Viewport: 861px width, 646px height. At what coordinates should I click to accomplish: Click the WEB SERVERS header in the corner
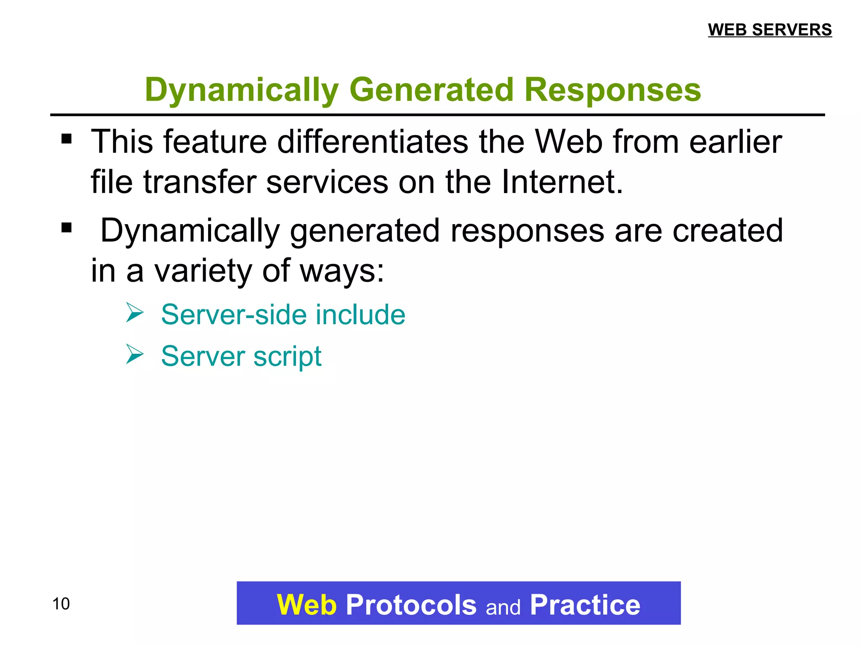point(770,30)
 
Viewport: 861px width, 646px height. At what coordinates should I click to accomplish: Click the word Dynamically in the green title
point(241,90)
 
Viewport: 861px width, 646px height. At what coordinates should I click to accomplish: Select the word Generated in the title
point(431,90)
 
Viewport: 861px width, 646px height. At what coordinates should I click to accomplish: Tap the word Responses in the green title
point(613,90)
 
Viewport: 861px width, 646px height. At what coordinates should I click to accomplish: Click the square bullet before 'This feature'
point(66,139)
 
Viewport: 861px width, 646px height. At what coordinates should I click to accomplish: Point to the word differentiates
point(372,142)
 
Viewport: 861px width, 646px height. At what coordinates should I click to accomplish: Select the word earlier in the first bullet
point(735,142)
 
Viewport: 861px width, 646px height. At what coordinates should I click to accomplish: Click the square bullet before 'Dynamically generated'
point(66,228)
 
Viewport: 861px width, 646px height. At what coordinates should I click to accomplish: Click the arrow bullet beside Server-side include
point(135,313)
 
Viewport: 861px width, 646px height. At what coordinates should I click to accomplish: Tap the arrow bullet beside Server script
point(135,354)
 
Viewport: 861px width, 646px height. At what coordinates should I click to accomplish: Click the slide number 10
point(61,604)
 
